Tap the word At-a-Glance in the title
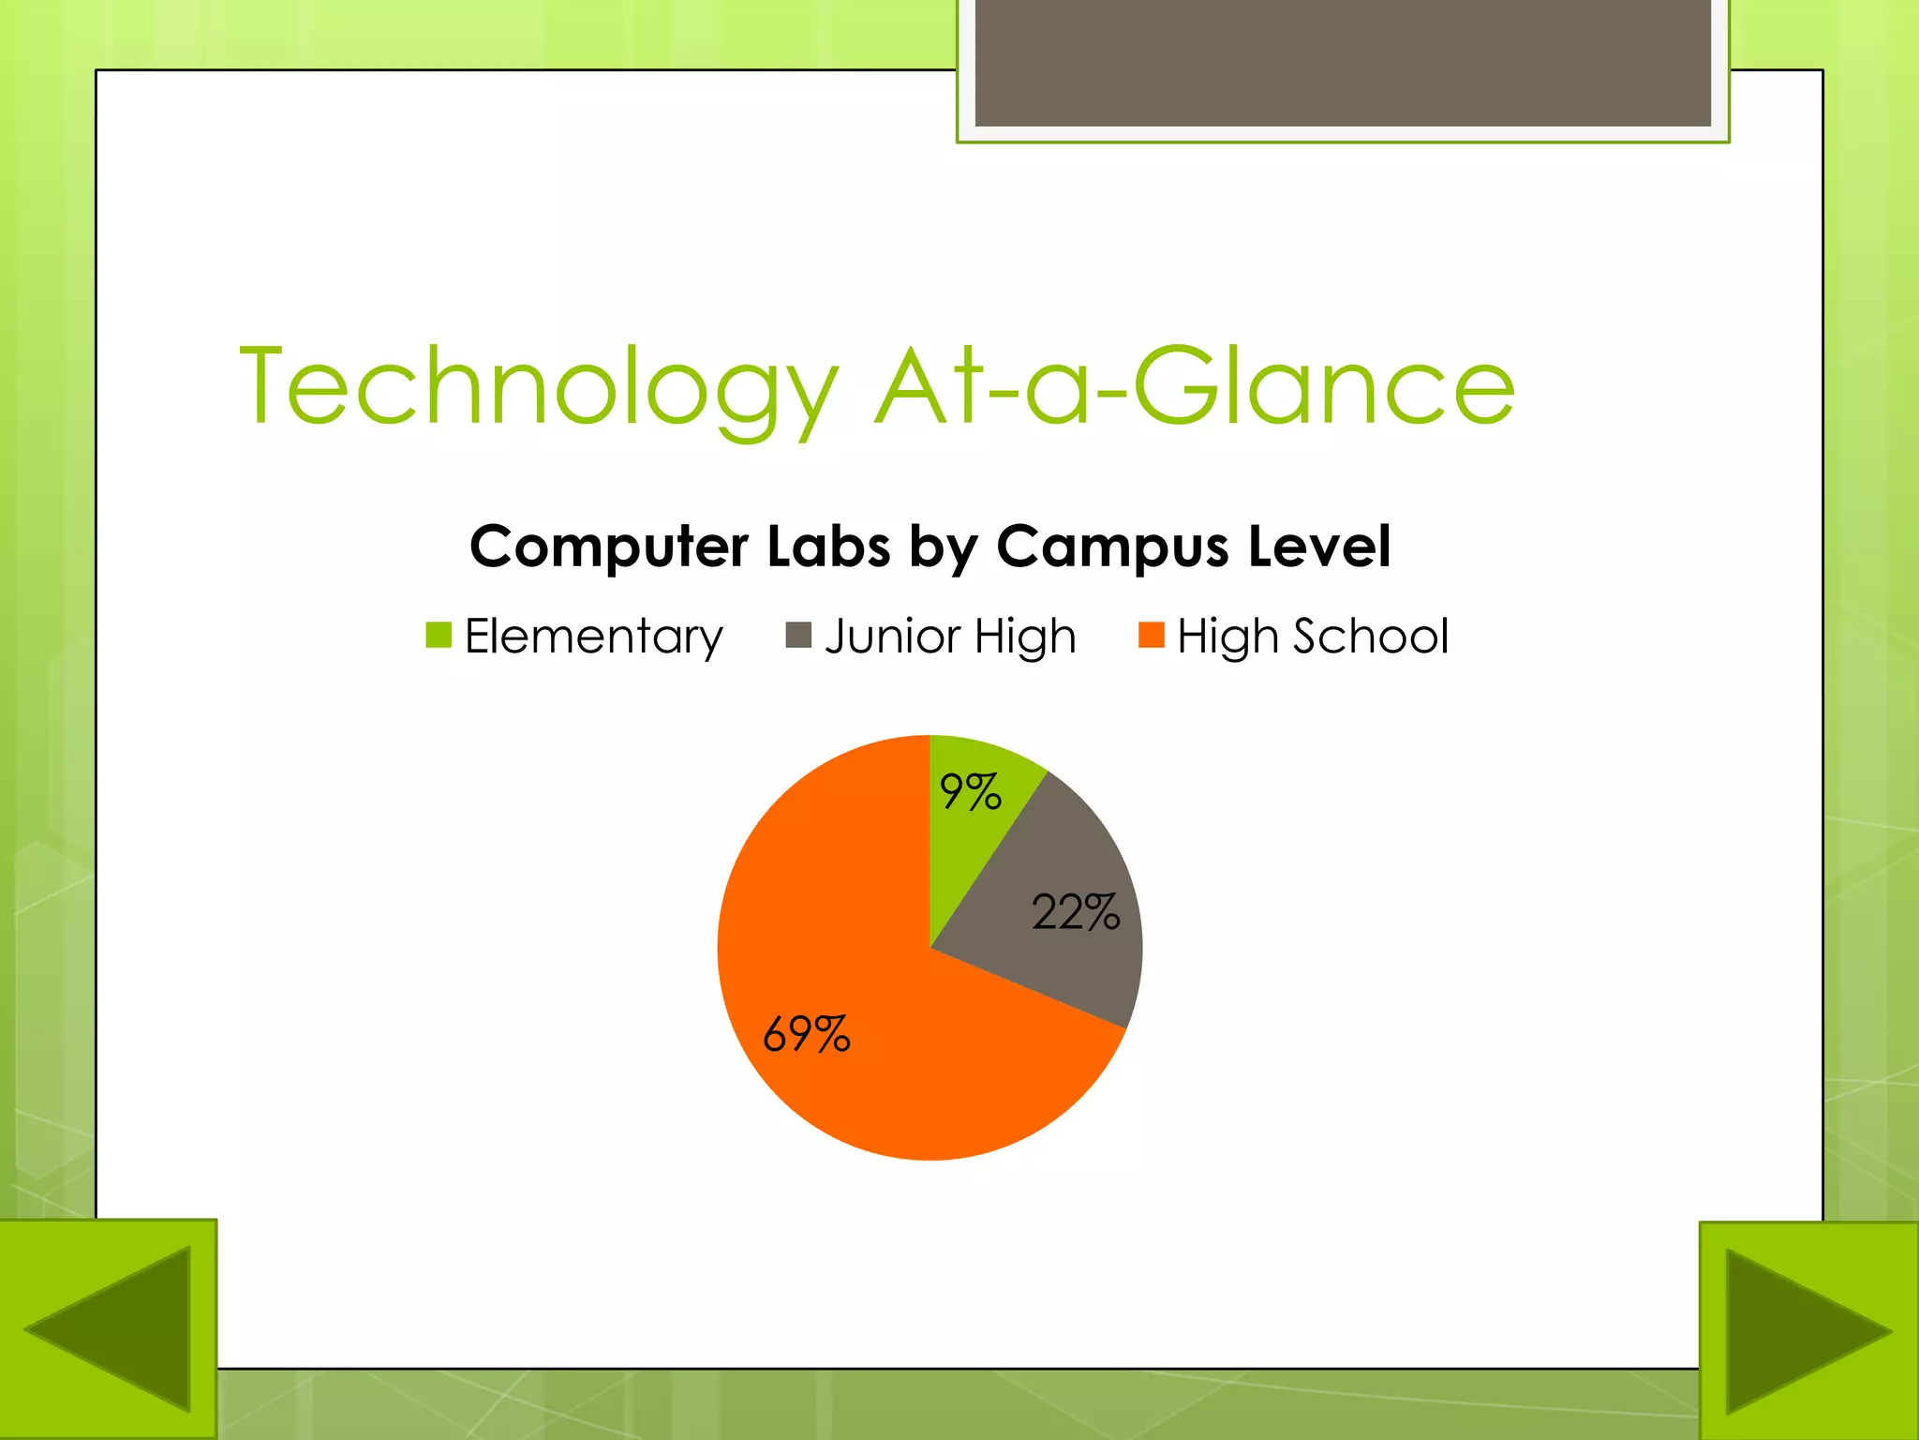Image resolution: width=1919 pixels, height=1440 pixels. click(x=1195, y=385)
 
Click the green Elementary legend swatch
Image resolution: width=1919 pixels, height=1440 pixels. click(x=439, y=635)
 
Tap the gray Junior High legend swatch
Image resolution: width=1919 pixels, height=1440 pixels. click(x=798, y=635)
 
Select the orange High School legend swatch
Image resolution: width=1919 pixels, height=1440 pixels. click(x=1151, y=635)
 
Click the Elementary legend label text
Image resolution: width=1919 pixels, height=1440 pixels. click(x=594, y=637)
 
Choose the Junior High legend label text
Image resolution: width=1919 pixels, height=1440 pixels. click(x=950, y=637)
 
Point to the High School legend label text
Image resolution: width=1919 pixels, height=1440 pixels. click(x=1313, y=637)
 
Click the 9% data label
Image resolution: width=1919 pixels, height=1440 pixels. click(x=971, y=792)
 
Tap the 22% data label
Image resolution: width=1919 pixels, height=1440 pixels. click(x=1076, y=911)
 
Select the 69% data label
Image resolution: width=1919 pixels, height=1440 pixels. click(x=807, y=1034)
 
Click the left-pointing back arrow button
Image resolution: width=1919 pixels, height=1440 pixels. click(x=108, y=1329)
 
